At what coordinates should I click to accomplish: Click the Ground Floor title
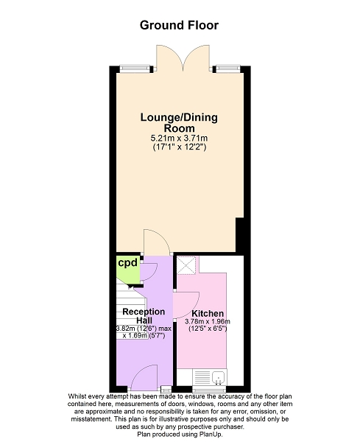click(x=179, y=25)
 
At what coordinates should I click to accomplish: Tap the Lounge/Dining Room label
click(x=179, y=122)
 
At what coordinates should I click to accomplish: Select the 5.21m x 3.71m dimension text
click(x=179, y=138)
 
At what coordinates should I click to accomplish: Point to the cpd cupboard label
click(x=127, y=263)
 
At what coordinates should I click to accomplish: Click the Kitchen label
click(x=208, y=314)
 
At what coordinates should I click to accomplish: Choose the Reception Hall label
click(x=144, y=316)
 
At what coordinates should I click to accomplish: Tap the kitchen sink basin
click(x=219, y=377)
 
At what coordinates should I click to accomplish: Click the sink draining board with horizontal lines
click(x=202, y=377)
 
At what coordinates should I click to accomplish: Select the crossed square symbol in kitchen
click(x=186, y=265)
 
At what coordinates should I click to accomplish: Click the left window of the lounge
click(x=135, y=69)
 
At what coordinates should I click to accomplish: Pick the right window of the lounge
click(x=228, y=69)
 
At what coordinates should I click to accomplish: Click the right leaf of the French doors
click(x=197, y=57)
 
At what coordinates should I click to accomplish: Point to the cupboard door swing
click(x=149, y=272)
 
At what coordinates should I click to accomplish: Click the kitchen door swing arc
click(x=186, y=305)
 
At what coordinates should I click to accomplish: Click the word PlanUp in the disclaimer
click(x=212, y=435)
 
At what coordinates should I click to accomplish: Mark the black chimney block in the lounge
click(x=239, y=235)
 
